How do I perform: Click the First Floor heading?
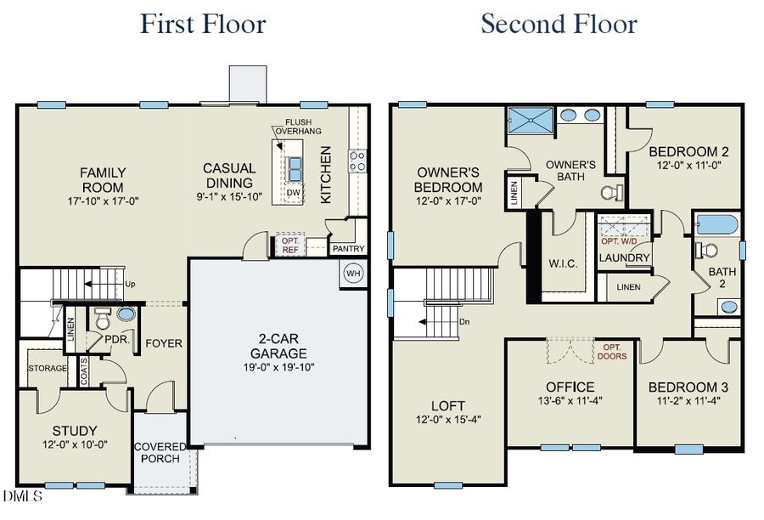tap(202, 23)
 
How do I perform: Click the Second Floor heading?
tap(559, 23)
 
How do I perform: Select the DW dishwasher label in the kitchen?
tap(294, 193)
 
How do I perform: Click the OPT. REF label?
tap(290, 245)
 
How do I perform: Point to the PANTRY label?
tap(348, 249)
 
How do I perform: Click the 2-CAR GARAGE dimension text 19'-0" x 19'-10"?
tap(278, 368)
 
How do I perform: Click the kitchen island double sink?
tap(295, 168)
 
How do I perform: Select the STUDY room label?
tap(75, 431)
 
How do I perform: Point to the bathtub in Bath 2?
tap(716, 225)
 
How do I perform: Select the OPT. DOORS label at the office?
tap(614, 352)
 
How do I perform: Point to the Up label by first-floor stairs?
tap(130, 284)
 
